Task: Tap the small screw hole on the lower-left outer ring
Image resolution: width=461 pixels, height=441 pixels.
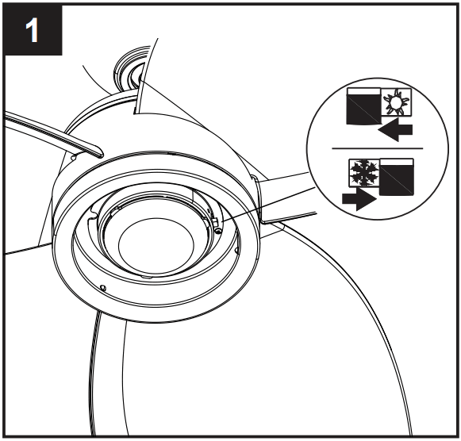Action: coord(104,286)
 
